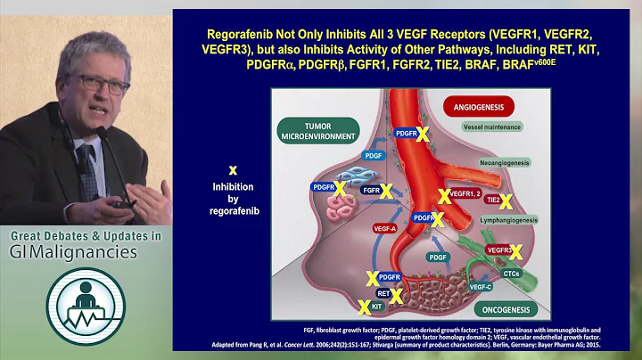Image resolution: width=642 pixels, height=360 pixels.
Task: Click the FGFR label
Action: tap(368, 190)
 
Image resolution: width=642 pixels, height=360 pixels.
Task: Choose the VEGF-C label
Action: tap(480, 287)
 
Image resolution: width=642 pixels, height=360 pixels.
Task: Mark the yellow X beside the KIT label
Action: tap(364, 307)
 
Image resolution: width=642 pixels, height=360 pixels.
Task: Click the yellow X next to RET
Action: tap(396, 293)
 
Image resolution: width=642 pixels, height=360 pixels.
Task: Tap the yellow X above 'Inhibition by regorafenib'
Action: tap(233, 168)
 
